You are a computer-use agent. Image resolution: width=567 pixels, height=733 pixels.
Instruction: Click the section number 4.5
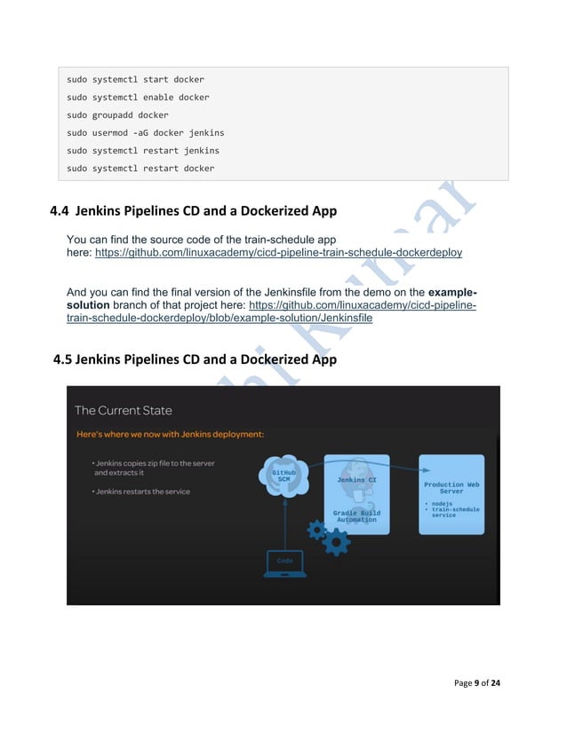pyautogui.click(x=63, y=360)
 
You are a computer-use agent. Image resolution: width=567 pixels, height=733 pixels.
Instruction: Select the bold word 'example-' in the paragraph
pyautogui.click(x=452, y=292)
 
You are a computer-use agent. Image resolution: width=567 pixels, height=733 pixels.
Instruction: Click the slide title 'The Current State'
pyautogui.click(x=124, y=410)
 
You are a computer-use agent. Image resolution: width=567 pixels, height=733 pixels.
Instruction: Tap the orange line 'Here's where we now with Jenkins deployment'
pyautogui.click(x=169, y=434)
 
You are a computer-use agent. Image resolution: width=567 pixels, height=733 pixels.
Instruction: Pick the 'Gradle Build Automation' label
pyautogui.click(x=356, y=516)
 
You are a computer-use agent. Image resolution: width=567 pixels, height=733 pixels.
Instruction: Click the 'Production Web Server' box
pyautogui.click(x=451, y=494)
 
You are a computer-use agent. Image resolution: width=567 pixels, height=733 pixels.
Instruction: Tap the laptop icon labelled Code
pyautogui.click(x=284, y=563)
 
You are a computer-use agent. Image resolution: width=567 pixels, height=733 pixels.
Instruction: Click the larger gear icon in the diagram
pyautogui.click(x=336, y=542)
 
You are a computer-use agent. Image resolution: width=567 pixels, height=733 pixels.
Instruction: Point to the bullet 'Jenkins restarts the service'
pyautogui.click(x=142, y=492)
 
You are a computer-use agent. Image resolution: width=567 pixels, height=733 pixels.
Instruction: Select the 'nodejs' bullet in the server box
pyautogui.click(x=442, y=504)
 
